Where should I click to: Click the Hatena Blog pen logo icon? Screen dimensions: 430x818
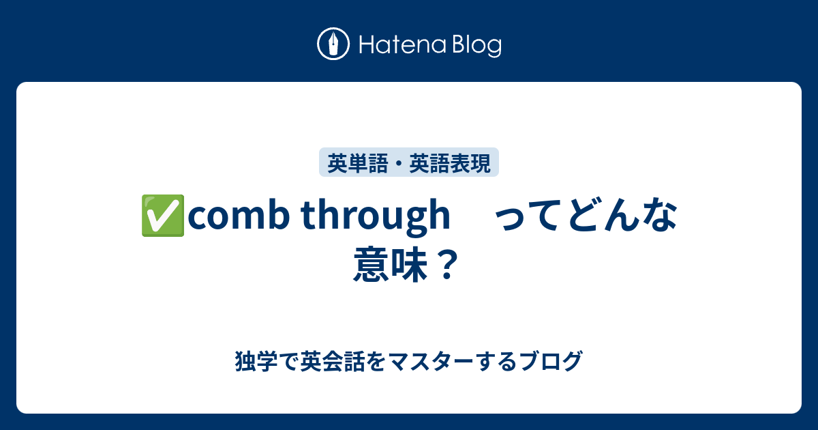tap(333, 45)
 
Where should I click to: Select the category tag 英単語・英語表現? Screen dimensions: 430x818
tap(409, 163)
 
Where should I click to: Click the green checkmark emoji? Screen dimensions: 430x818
tap(163, 217)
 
